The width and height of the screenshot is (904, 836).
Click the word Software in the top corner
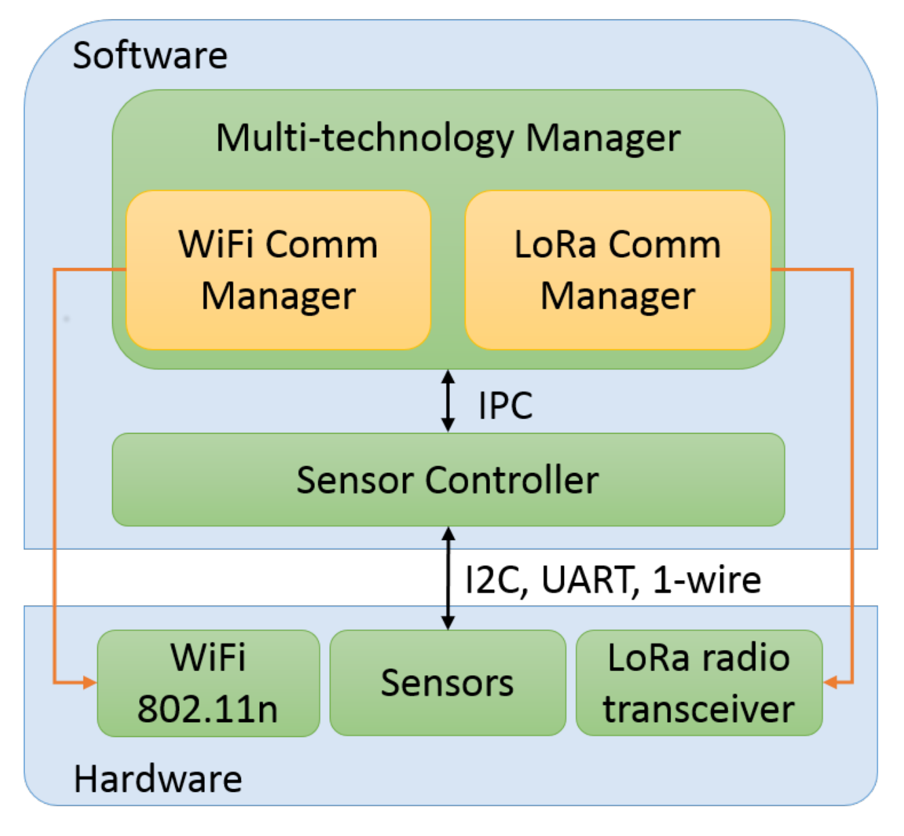[x=149, y=55]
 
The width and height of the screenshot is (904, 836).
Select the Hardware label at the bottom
[x=157, y=778]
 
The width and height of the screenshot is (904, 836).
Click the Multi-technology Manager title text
[x=448, y=138]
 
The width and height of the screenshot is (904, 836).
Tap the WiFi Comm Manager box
[x=278, y=270]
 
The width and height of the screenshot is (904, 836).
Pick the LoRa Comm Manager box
[x=618, y=270]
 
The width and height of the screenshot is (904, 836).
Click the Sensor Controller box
[x=448, y=480]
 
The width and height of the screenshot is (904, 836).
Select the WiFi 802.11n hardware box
[x=208, y=683]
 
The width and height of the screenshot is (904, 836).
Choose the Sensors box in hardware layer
[x=447, y=683]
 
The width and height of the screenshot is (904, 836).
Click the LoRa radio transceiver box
[x=699, y=683]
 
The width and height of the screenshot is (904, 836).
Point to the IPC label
[x=506, y=406]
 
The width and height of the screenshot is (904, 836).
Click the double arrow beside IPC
[x=448, y=401]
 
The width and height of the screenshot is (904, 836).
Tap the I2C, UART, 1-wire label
[x=613, y=580]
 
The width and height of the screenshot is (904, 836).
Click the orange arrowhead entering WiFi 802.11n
[x=90, y=683]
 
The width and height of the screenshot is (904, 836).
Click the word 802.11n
[x=208, y=709]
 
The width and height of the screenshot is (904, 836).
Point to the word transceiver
[x=699, y=709]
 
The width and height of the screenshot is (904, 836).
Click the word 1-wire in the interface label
[x=707, y=580]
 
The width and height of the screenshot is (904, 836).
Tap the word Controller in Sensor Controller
[x=512, y=480]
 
